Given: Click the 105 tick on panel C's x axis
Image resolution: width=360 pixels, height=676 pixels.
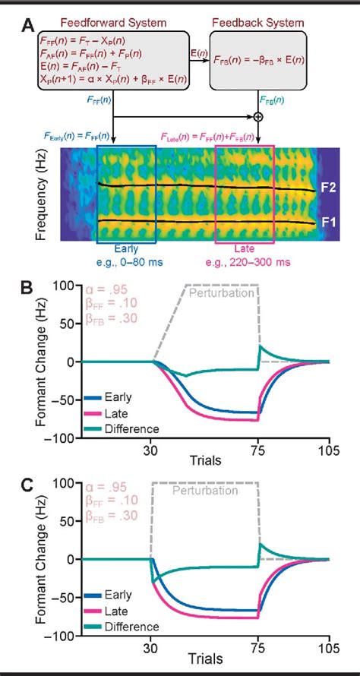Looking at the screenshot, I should [x=329, y=652].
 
